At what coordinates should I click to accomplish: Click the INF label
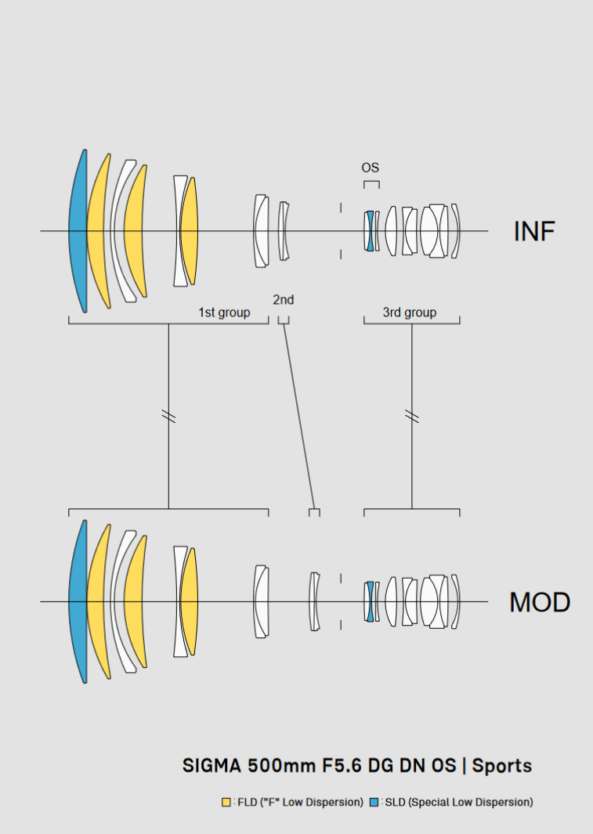tap(534, 231)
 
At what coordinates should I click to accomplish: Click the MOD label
tap(540, 602)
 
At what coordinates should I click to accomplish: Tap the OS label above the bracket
tap(371, 168)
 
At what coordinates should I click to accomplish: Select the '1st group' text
tap(224, 312)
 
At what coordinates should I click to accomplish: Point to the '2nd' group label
tap(284, 299)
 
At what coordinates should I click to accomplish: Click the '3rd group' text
tap(409, 312)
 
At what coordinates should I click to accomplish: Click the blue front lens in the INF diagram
tap(76, 231)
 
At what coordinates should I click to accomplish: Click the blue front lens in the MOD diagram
tap(76, 601)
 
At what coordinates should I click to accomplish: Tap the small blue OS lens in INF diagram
tap(369, 231)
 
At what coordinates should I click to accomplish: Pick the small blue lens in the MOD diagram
tap(369, 601)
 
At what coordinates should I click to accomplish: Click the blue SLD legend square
tap(374, 802)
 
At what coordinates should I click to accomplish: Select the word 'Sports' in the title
tap(503, 765)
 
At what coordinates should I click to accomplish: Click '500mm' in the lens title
tap(270, 765)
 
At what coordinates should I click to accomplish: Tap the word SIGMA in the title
tap(212, 765)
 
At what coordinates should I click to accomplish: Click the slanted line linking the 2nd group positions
tap(298, 415)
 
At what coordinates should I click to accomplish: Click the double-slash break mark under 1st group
tap(168, 415)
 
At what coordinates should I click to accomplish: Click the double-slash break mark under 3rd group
tap(412, 415)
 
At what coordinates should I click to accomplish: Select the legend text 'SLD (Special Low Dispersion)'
tap(459, 802)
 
